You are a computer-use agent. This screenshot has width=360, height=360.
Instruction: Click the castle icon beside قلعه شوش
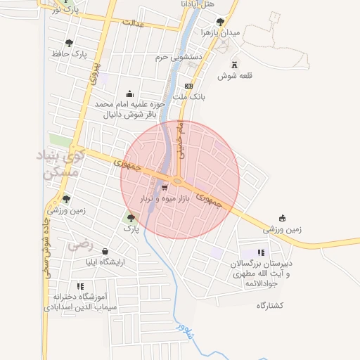coord(233,65)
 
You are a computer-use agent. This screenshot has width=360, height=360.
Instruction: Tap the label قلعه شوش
coord(235,76)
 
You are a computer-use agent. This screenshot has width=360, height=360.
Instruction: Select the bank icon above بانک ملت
coord(188,86)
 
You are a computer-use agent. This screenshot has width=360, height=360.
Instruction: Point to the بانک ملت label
coord(188,96)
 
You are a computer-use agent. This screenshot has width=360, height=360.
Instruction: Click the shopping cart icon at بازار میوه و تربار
coord(164,188)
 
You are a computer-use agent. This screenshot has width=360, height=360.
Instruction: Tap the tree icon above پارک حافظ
coord(69,44)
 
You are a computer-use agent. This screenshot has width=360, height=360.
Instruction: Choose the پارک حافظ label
coord(69,54)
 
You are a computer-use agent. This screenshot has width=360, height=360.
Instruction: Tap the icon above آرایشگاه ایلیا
coord(105,251)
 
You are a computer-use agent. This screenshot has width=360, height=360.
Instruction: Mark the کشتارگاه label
coord(270,305)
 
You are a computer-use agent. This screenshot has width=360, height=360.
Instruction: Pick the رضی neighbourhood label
coord(80,245)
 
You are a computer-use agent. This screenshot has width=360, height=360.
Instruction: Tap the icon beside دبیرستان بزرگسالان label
coord(262,252)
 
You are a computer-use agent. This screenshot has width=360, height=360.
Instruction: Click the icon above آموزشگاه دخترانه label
coord(80,286)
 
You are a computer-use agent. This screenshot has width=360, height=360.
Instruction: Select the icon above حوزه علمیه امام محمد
coord(129,94)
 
